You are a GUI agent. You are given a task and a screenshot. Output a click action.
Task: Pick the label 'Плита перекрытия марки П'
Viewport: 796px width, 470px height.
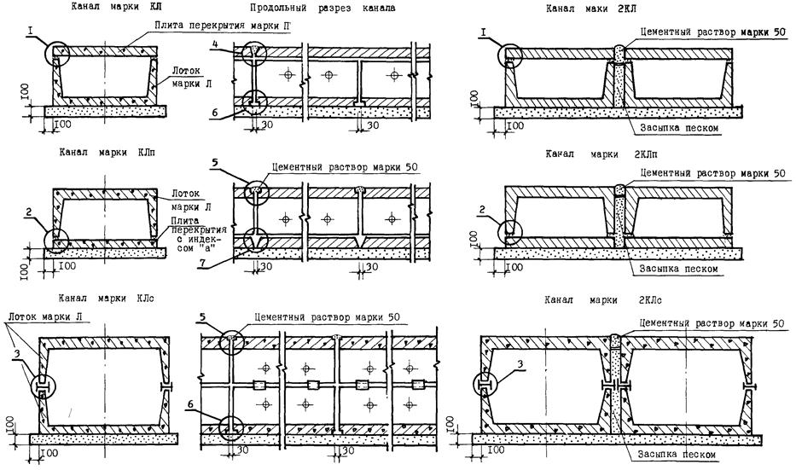(224, 26)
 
